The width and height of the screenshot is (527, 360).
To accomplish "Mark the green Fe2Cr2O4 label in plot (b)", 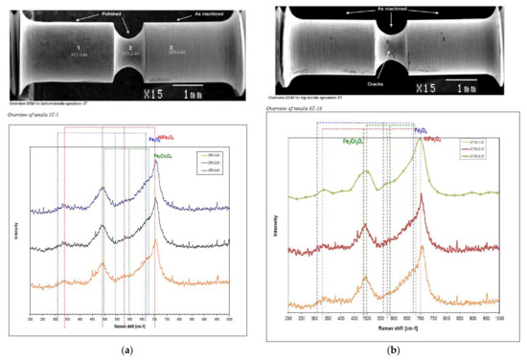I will (358, 141).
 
